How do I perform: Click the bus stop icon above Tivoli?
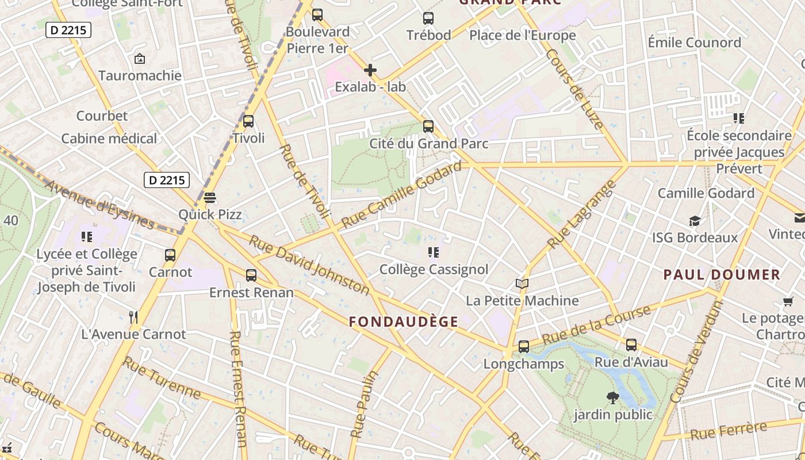pos(248,121)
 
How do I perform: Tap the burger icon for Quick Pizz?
pos(210,198)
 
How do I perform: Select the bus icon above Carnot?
pos(170,255)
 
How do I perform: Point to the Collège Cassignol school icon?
pos(434,252)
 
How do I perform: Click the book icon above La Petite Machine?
pos(522,284)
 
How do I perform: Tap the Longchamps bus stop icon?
pos(524,347)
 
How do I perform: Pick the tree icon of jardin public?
pos(613,397)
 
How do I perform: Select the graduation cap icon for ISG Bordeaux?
pos(695,221)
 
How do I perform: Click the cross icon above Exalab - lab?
pos(370,71)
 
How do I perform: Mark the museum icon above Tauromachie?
pos(139,59)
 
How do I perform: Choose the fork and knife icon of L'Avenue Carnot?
pos(133,317)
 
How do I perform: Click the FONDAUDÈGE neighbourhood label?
pos(404,322)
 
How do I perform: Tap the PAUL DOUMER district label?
pos(722,274)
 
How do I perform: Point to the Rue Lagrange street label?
pos(581,215)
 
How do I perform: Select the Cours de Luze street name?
pos(574,89)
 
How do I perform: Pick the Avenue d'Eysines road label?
pos(99,205)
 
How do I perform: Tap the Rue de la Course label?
pos(596,325)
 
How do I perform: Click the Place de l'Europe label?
pos(522,36)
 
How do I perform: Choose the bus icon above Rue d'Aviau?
pos(631,345)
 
